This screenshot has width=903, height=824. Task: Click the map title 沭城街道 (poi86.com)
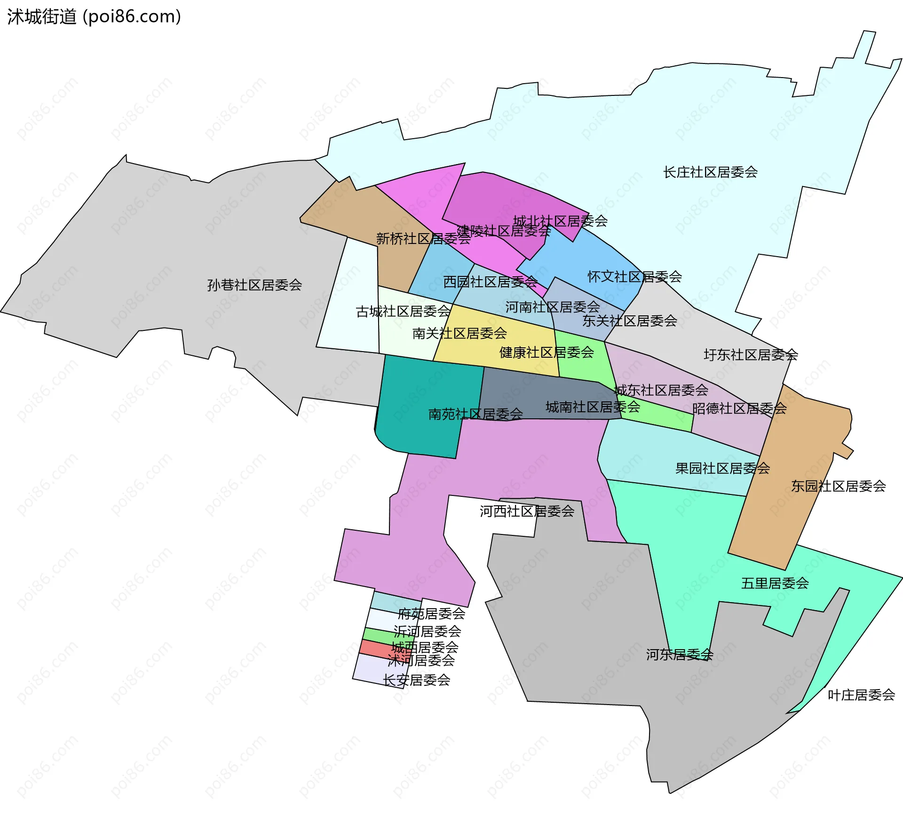[x=94, y=17]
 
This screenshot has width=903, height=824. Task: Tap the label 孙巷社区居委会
[x=254, y=285]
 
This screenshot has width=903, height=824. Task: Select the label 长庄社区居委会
[x=710, y=173]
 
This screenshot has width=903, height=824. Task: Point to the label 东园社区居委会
[x=838, y=486]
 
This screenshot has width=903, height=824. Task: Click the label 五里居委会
[x=775, y=583]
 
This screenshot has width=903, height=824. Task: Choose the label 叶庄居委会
[x=861, y=695]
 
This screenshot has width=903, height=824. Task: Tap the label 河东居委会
[x=679, y=654]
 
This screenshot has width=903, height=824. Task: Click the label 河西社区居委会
[x=527, y=511]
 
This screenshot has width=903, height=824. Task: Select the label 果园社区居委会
[x=722, y=468]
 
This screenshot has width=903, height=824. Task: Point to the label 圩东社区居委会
[x=751, y=355]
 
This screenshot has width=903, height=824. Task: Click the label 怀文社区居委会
[x=634, y=277]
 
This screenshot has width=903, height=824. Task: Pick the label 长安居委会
[x=416, y=680]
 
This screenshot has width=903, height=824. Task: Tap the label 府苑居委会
[x=431, y=613]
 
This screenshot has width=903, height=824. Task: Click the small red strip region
[x=376, y=648]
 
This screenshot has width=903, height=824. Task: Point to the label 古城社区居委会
[x=403, y=312]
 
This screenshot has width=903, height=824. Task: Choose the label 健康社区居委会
[x=547, y=353]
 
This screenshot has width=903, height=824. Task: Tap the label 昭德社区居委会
[x=739, y=408]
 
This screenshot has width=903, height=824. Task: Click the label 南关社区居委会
[x=459, y=333]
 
